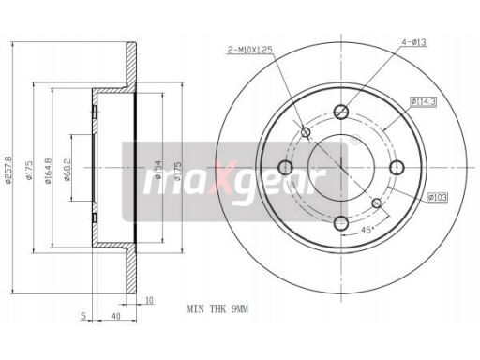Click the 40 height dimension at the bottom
click(x=114, y=316)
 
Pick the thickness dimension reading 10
click(x=149, y=300)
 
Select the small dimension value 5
click(x=83, y=316)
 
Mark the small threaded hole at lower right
click(x=377, y=203)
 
